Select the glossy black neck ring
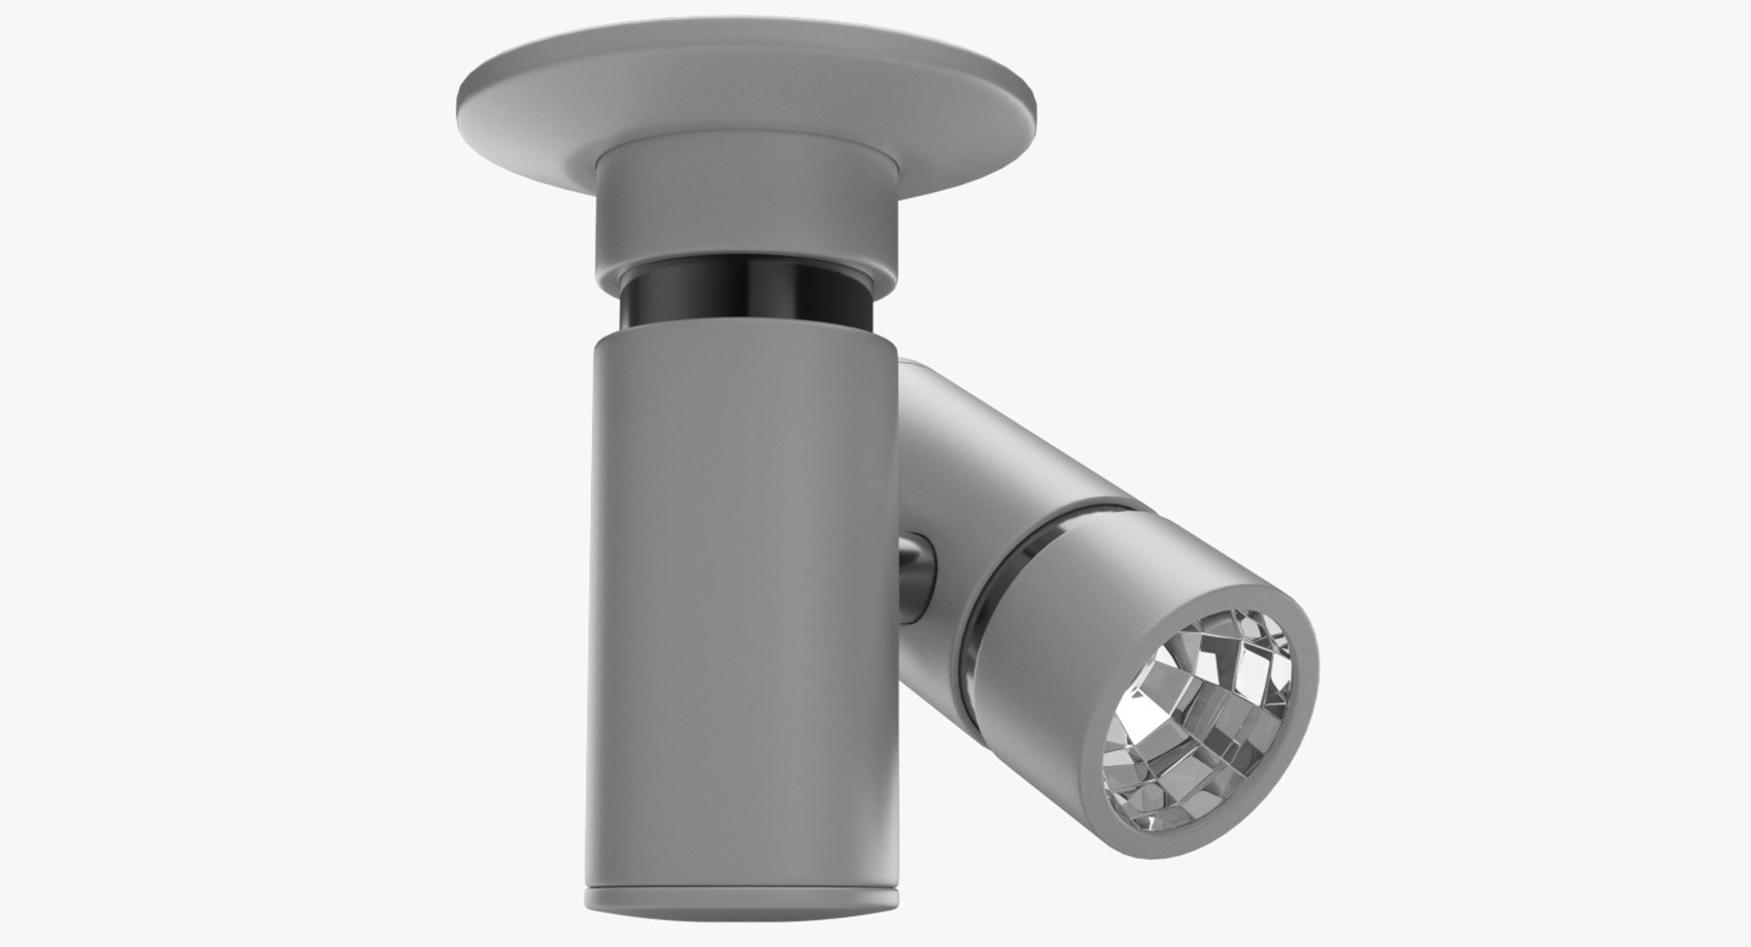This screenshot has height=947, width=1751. (x=746, y=301)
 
